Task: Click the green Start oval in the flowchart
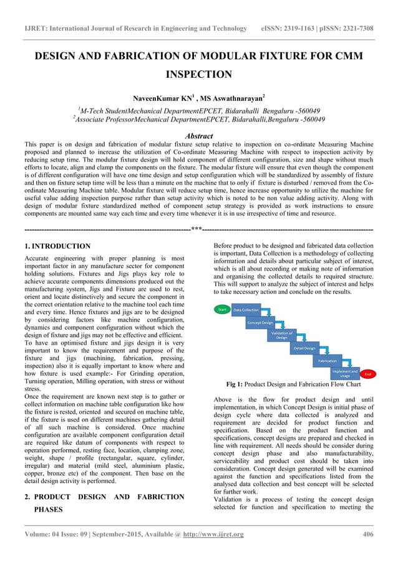[221, 309]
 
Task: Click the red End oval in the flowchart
[368, 374]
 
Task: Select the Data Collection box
[246, 310]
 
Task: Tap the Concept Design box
[260, 323]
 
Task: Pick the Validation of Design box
[281, 335]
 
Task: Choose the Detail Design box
[304, 348]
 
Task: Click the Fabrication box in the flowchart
[328, 361]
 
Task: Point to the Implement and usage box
[345, 374]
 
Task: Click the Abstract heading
[199, 136]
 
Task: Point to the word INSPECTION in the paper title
[199, 75]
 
